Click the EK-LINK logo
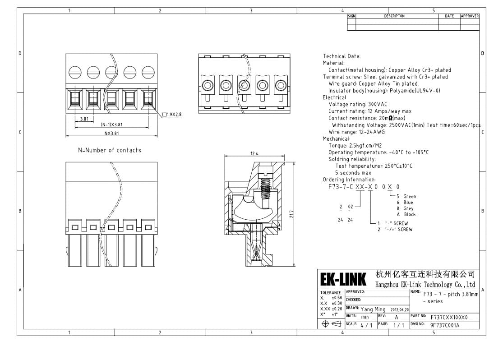pos(343,279)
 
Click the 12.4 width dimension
pos(254,153)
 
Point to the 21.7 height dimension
pos(291,214)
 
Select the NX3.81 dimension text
pos(111,133)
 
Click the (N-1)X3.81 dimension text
pos(111,125)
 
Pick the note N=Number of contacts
pos(110,150)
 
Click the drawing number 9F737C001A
pos(445,325)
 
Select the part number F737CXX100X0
pos(449,317)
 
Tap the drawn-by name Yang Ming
pos(373,309)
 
